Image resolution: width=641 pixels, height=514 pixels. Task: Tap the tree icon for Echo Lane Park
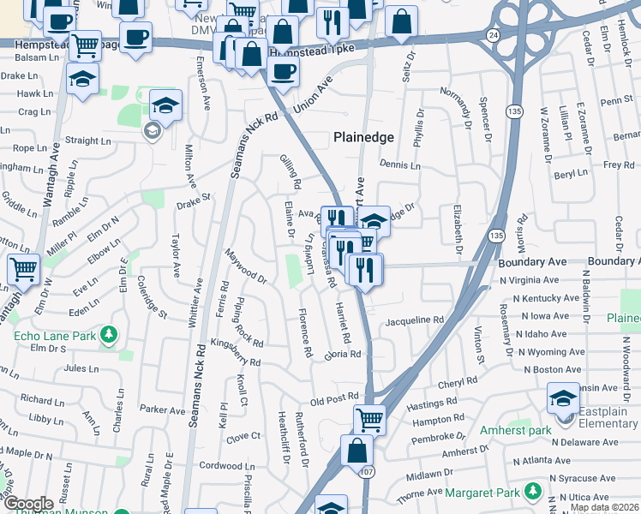click(x=109, y=334)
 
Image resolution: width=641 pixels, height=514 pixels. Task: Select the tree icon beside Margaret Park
click(x=533, y=491)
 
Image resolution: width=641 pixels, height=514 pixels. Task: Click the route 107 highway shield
click(x=368, y=471)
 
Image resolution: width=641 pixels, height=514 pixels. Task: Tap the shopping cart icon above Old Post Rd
click(x=369, y=420)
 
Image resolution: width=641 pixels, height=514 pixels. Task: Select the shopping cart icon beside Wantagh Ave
click(x=24, y=269)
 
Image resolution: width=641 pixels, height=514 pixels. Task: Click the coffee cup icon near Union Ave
click(x=282, y=71)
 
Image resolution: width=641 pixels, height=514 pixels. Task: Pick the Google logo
click(x=28, y=503)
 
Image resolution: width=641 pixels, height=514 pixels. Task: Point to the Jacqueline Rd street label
click(x=415, y=320)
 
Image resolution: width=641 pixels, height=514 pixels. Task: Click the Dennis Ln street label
click(x=398, y=164)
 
